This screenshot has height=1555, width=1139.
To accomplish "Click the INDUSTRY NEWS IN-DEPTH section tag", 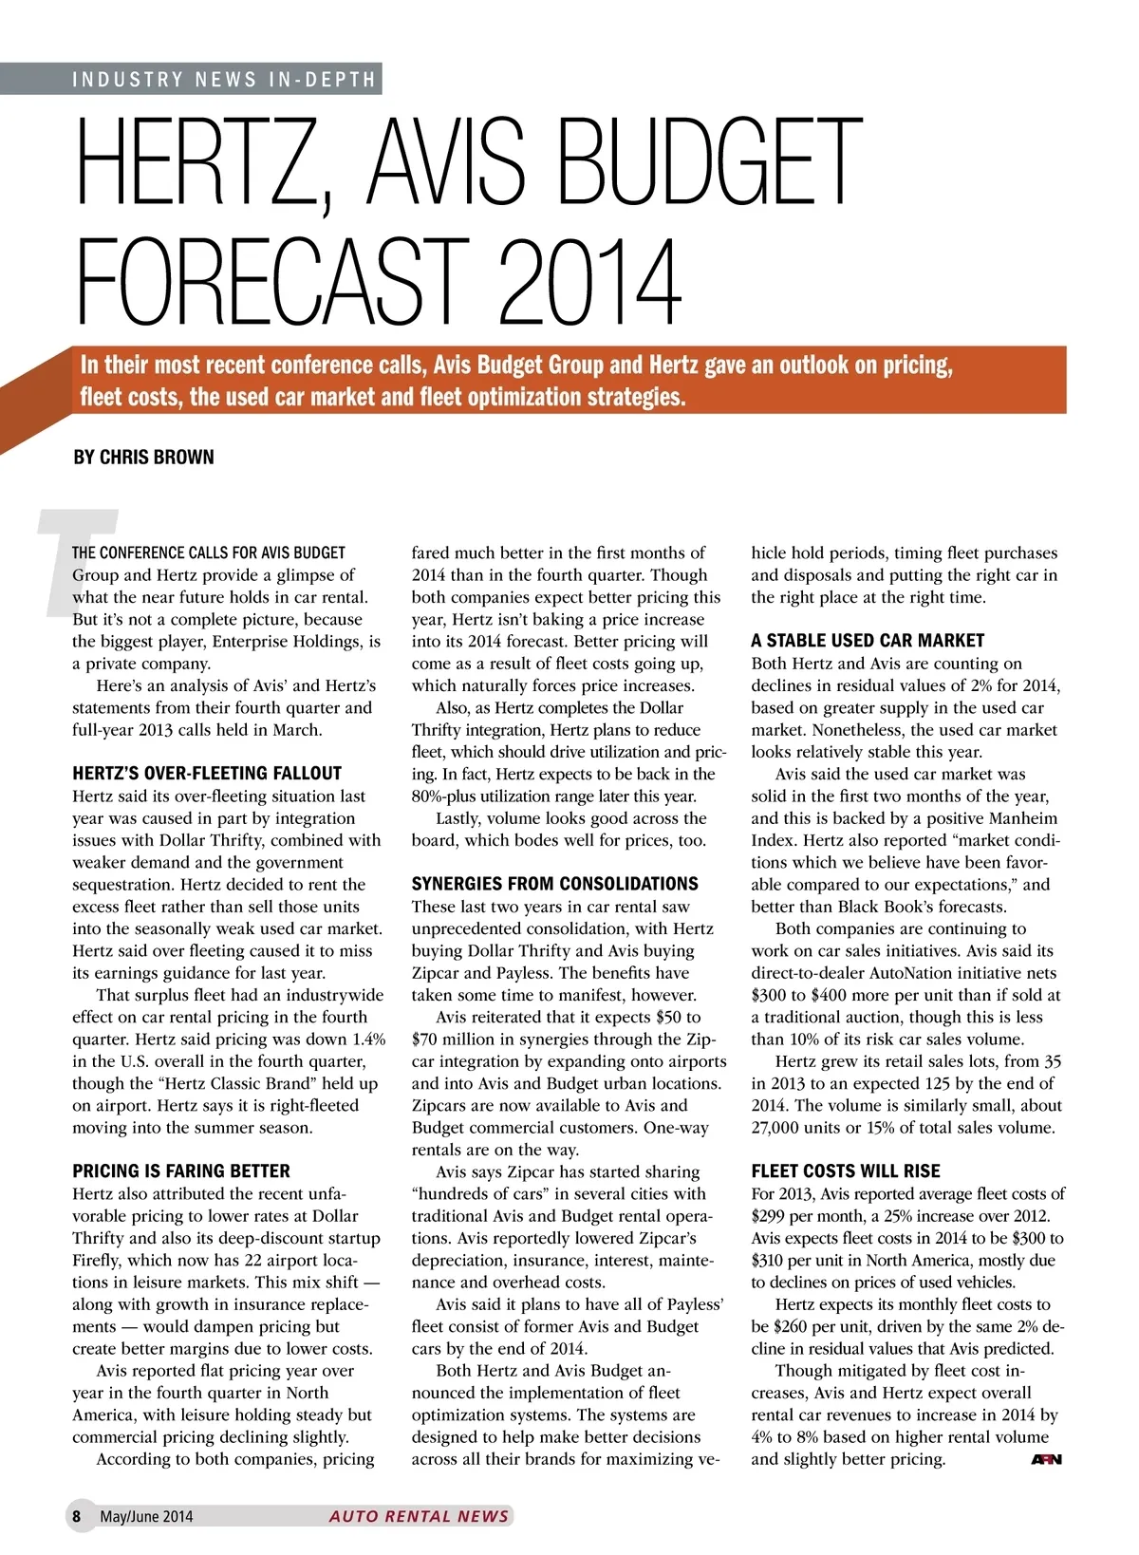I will click(224, 79).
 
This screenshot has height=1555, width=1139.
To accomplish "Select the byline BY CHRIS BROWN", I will click(143, 457).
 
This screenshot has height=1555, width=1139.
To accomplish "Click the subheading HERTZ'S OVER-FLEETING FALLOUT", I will click(207, 773).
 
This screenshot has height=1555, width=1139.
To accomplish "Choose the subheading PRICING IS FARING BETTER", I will click(181, 1171).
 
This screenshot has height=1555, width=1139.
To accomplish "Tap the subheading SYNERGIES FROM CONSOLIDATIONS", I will click(554, 883).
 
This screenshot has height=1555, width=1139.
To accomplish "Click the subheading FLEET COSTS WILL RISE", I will click(846, 1171).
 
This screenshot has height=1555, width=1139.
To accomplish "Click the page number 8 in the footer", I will click(77, 1516).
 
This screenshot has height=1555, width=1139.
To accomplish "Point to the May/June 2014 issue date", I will click(146, 1516).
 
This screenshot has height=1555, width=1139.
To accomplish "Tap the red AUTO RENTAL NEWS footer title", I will click(419, 1516).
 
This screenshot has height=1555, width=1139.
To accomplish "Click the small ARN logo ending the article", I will click(1046, 1459).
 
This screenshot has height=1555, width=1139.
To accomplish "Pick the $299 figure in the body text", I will click(769, 1216).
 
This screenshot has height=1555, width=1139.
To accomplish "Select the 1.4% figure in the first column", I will click(367, 1040).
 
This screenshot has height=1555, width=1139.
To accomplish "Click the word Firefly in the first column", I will click(100, 1260).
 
